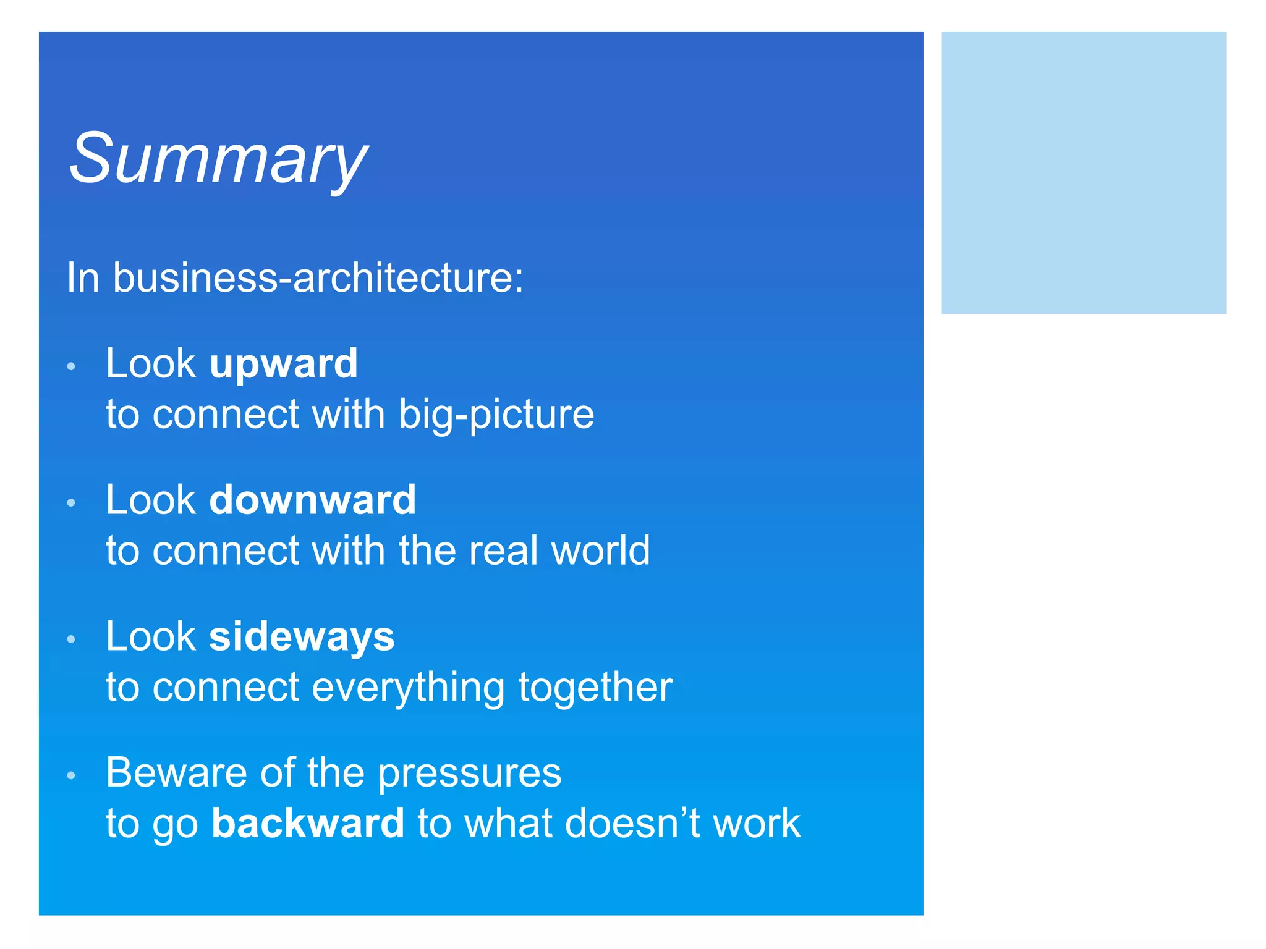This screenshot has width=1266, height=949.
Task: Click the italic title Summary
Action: point(218,159)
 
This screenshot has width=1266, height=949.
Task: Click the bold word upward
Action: point(284,363)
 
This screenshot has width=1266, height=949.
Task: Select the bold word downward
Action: point(313,500)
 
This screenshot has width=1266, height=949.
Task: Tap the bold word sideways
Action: point(302,636)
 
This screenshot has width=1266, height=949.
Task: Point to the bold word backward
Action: point(308,823)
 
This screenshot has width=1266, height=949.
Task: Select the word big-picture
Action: point(496,414)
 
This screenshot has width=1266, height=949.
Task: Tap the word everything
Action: point(408,687)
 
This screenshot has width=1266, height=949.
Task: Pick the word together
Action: point(595,687)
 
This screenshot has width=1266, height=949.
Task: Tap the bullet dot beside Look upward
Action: point(71,366)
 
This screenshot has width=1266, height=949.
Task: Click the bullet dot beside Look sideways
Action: point(71,639)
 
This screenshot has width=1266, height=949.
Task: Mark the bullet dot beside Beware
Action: point(71,775)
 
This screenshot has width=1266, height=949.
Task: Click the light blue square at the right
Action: point(1083,172)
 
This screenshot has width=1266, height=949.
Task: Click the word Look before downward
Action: point(151,500)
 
